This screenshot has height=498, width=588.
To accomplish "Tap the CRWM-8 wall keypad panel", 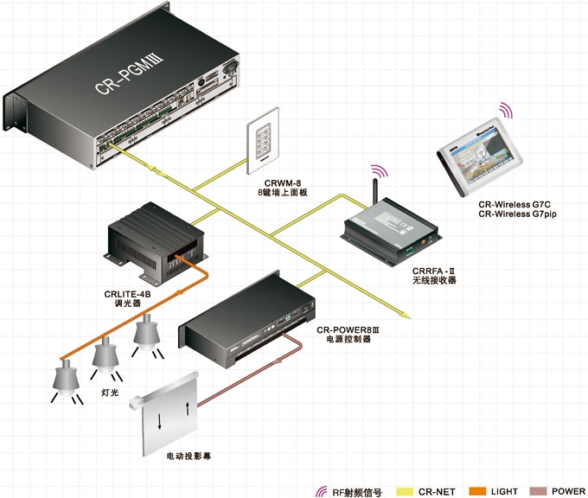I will point(263,136).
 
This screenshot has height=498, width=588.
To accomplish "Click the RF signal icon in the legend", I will point(323,491).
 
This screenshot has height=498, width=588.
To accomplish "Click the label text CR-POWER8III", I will point(348,329).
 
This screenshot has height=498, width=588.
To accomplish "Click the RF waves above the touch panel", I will point(505,110).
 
